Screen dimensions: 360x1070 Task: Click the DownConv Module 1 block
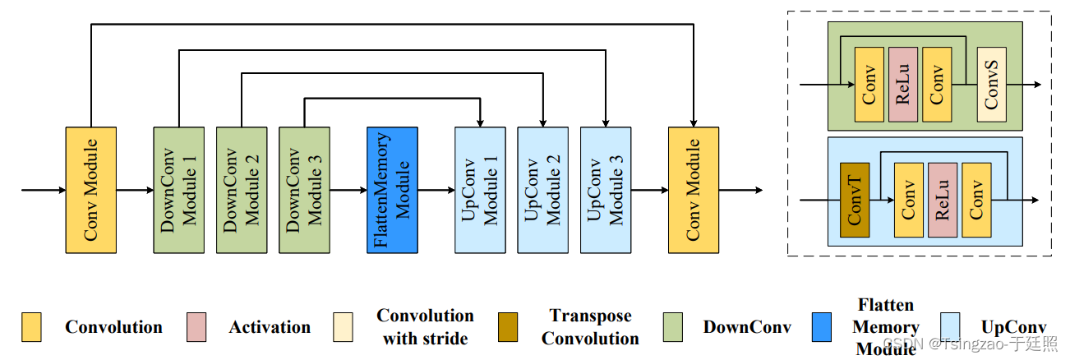(178, 190)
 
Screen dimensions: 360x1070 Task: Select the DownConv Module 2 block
(242, 190)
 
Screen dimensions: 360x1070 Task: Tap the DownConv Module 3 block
(304, 190)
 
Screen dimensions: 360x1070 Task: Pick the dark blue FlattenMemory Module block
(392, 190)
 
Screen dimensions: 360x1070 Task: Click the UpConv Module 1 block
(480, 190)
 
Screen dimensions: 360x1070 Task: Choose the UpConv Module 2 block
(542, 190)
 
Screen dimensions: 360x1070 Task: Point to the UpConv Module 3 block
(605, 190)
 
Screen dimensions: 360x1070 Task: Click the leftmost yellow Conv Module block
(90, 190)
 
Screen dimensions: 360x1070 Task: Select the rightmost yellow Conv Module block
(694, 190)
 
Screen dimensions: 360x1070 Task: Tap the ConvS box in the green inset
(991, 85)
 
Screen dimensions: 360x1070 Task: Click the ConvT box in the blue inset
(855, 200)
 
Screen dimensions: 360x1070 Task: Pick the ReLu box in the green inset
(902, 85)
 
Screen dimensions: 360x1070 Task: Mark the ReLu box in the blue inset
(942, 200)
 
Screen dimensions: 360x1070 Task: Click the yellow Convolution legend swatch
(32, 327)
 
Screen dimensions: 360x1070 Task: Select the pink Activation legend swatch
(196, 327)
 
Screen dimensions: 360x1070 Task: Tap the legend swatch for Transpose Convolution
(509, 327)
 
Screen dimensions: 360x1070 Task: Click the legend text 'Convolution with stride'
(425, 327)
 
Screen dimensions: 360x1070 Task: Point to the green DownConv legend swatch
(673, 327)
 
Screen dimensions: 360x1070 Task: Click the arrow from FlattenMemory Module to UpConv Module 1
(436, 190)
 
